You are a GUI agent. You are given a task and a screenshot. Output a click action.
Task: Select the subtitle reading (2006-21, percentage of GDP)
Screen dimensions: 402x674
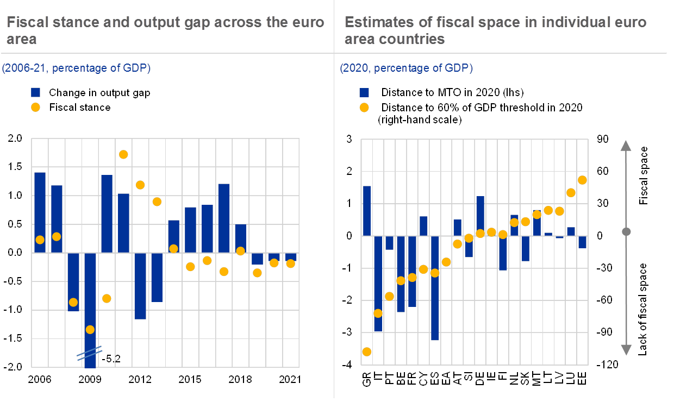[76, 68]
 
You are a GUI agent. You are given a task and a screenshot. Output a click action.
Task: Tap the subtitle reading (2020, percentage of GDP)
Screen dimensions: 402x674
[407, 68]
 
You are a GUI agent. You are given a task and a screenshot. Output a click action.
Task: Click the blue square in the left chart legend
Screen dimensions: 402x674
[36, 92]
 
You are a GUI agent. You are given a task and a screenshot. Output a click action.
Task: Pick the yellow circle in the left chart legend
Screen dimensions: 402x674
[36, 108]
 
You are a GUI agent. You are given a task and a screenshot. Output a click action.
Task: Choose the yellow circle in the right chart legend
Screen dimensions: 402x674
[365, 108]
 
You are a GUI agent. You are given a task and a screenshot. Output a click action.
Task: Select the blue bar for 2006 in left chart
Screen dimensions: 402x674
[40, 212]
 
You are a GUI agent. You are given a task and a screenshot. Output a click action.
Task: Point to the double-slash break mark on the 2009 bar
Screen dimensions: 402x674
[89, 353]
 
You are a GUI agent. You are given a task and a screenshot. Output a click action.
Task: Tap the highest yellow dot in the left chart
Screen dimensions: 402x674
[123, 154]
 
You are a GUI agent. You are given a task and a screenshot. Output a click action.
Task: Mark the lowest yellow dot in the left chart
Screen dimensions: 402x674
[90, 329]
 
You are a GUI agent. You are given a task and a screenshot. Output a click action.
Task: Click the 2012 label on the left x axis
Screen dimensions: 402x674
[140, 379]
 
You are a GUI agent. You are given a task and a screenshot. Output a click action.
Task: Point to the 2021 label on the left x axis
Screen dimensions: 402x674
[290, 379]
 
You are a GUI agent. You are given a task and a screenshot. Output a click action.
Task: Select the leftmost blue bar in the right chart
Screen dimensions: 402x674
[366, 211]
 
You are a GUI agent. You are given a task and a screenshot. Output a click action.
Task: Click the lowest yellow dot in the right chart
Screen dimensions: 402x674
[366, 351]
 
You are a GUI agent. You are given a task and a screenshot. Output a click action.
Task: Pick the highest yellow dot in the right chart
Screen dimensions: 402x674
[582, 180]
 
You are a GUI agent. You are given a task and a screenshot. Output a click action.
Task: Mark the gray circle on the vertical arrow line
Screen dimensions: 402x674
[626, 232]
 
